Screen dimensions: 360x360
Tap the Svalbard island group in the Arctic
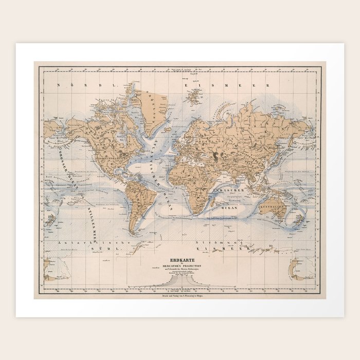pos(195,96)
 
